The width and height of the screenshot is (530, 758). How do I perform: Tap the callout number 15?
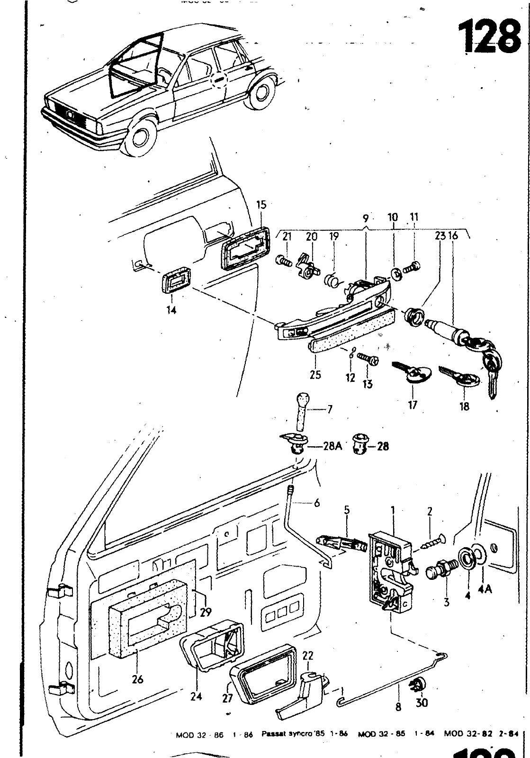click(261, 205)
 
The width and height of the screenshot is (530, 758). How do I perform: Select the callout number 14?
click(171, 311)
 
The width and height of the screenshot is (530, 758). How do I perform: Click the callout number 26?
click(137, 679)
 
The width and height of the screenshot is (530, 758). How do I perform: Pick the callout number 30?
click(421, 703)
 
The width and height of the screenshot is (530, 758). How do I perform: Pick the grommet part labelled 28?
click(360, 446)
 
